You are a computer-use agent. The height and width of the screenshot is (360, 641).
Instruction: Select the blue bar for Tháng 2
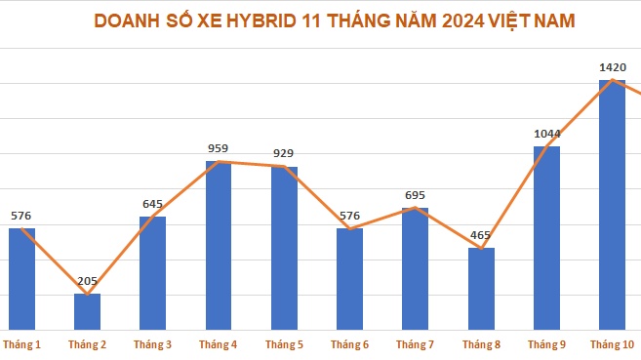[x=87, y=311]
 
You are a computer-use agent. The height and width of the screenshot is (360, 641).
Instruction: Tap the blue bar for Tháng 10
[x=612, y=205]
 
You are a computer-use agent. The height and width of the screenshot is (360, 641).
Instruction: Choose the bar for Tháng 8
[x=481, y=289]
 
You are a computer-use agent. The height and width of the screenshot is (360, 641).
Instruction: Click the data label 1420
[x=612, y=67]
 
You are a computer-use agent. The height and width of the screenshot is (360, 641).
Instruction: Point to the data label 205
[x=87, y=282]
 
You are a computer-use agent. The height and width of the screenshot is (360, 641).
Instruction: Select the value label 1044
[x=546, y=135]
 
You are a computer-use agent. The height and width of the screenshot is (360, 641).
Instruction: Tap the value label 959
[x=219, y=149]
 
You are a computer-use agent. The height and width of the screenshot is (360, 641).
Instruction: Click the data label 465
[x=481, y=236]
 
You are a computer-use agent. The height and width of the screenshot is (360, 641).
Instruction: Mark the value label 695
[x=416, y=196]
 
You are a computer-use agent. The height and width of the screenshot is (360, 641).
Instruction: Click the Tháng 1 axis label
[x=21, y=344]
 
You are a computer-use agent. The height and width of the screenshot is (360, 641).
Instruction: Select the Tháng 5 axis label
[x=284, y=344]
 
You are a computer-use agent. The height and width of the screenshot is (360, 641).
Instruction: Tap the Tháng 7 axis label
[x=416, y=344]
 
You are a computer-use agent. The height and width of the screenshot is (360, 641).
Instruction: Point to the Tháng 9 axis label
[x=546, y=344]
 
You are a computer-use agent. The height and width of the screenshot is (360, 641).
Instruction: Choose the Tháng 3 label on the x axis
[x=152, y=344]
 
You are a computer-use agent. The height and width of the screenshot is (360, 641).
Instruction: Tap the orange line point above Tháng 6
[x=349, y=229]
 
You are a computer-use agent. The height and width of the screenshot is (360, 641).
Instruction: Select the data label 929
[x=284, y=154]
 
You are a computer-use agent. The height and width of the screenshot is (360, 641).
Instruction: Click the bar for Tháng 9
[x=546, y=238]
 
